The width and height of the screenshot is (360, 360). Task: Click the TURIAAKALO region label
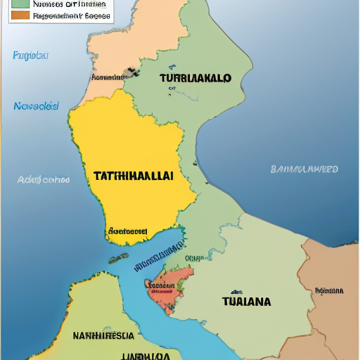(195, 79)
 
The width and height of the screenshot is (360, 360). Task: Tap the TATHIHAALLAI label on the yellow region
(133, 176)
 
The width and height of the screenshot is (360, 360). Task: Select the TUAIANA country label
(246, 302)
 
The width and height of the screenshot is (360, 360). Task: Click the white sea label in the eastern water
(304, 169)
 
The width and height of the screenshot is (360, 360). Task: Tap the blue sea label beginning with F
(30, 55)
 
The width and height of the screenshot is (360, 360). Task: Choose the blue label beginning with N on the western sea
(35, 107)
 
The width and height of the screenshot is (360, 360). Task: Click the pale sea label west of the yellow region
(44, 180)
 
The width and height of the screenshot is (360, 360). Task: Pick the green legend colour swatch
(20, 3)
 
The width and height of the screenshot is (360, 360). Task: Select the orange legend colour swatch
(20, 14)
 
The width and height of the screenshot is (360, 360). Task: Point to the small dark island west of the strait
(118, 259)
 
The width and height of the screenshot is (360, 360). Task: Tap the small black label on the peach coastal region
(107, 77)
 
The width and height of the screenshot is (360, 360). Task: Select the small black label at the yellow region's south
(128, 231)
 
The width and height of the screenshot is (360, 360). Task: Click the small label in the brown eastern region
(329, 290)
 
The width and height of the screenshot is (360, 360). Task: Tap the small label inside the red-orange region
(162, 285)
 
